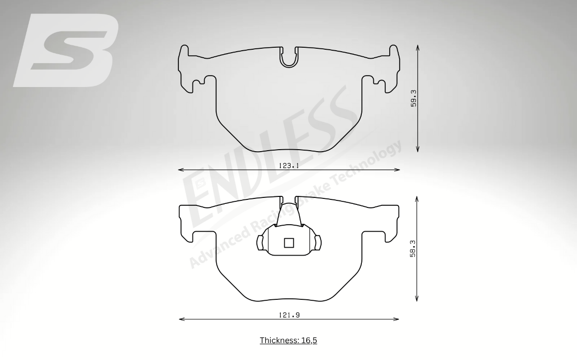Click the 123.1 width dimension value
point(288,166)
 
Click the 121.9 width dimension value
point(289,315)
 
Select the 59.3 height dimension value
point(413,98)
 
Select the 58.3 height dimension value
point(413,249)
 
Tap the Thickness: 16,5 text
point(288,340)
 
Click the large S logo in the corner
point(66,50)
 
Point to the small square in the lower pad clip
point(289,243)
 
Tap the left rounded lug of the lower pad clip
point(260,243)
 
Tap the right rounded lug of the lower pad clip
point(317,243)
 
